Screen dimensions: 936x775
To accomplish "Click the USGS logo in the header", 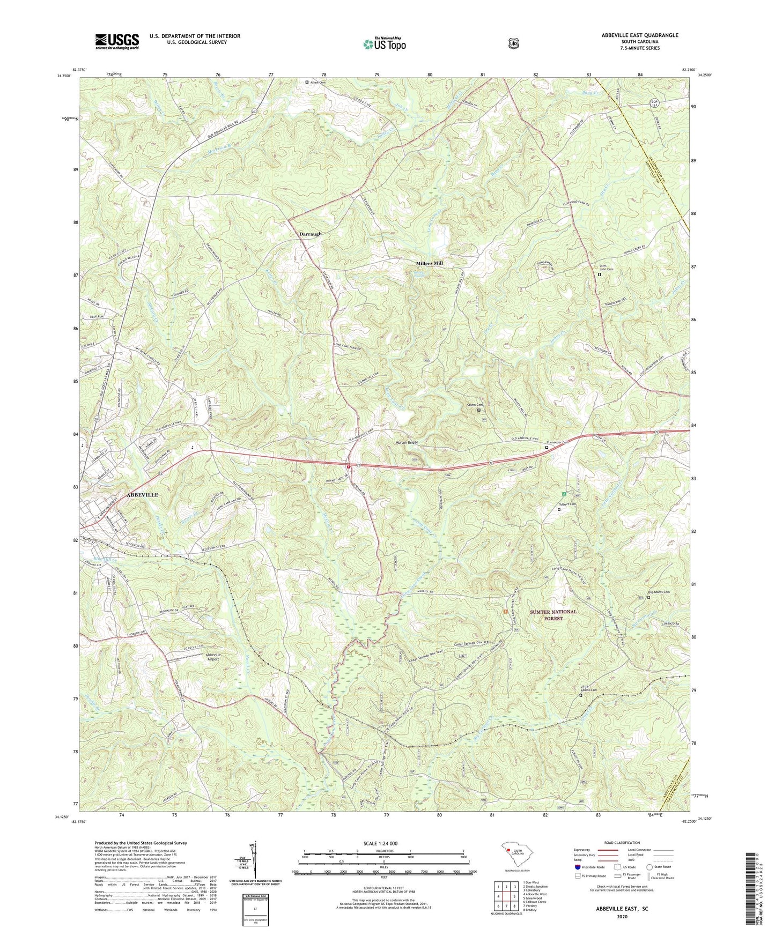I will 117,41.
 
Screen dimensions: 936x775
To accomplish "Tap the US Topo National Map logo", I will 384,43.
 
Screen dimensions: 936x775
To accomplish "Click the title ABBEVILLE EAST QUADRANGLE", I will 639,35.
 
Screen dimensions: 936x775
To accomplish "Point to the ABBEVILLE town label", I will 142,495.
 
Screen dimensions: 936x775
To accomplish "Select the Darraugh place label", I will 310,234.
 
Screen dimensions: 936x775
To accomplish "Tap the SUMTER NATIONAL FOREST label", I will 553,614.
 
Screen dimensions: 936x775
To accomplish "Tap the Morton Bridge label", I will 407,442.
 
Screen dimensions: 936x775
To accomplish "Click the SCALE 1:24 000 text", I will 380,843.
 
